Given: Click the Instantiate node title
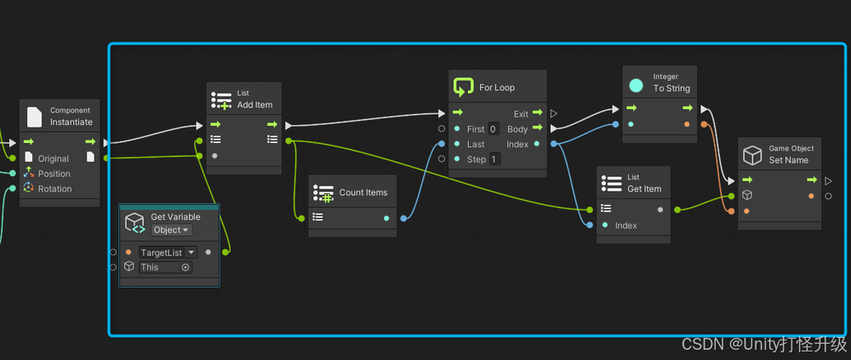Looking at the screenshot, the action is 71,123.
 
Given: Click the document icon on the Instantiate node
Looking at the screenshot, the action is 35,117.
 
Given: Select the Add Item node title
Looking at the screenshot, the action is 254,105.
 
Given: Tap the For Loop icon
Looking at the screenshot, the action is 463,87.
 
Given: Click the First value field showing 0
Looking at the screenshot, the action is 494,129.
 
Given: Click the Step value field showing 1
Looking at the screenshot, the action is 494,159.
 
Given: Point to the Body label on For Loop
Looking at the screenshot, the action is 517,129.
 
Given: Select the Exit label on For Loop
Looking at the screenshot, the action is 521,114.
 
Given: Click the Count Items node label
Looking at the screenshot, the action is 363,192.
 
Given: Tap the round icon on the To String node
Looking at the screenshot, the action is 636,85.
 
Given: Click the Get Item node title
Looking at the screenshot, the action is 644,189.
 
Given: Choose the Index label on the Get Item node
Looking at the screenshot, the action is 625,226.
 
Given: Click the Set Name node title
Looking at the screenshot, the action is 789,160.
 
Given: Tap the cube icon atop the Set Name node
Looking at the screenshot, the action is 752,155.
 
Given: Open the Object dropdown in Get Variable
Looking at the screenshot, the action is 171,230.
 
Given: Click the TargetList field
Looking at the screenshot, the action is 161,253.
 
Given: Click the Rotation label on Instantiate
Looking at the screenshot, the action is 54,189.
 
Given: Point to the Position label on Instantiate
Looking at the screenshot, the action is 54,174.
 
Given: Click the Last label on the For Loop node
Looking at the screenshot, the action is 476,145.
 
